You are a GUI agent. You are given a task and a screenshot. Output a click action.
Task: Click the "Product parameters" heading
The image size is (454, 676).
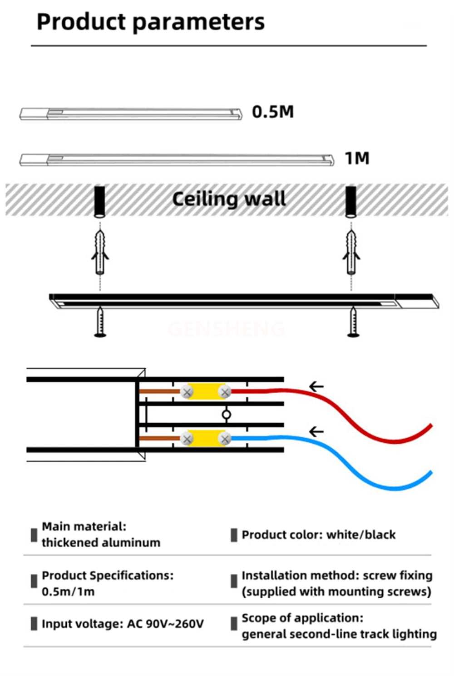[x=150, y=22]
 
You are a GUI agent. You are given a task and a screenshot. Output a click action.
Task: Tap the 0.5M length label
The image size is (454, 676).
[x=273, y=112]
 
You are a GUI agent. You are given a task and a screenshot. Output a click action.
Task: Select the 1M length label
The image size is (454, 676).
[x=357, y=158]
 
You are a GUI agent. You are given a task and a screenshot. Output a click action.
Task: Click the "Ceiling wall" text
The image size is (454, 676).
[x=229, y=199]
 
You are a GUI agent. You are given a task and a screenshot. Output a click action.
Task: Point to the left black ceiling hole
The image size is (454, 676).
[x=99, y=202]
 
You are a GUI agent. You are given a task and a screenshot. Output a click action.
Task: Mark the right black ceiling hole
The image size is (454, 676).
[x=350, y=202]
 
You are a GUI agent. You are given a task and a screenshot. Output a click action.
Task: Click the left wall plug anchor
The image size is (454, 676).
[x=100, y=252]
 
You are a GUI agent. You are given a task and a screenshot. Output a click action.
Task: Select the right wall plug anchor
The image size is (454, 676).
[x=351, y=252]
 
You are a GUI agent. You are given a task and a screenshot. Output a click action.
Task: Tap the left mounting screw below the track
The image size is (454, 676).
[x=100, y=322]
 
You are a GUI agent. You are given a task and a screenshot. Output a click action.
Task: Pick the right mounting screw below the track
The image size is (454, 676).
[x=353, y=322]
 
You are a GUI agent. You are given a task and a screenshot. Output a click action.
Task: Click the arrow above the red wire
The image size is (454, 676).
[x=316, y=386]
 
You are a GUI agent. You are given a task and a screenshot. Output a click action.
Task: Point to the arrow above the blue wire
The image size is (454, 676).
[x=316, y=431]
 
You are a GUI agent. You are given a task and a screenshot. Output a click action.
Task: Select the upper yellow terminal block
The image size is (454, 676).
[x=206, y=392]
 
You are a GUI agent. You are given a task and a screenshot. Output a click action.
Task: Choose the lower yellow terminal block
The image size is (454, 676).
[x=206, y=439]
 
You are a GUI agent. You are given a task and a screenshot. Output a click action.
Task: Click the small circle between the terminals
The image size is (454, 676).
[x=227, y=415]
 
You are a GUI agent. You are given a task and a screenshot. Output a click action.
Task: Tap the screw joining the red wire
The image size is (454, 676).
[x=225, y=392]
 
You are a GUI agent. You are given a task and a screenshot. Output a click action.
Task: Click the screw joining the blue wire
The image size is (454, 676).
[x=225, y=439]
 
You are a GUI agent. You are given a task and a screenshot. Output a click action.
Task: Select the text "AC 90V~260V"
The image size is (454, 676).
[x=166, y=623]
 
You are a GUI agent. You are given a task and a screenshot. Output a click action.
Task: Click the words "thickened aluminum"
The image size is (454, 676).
[x=101, y=542]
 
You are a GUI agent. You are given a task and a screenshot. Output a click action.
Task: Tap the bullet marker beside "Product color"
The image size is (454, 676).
[x=234, y=535]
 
